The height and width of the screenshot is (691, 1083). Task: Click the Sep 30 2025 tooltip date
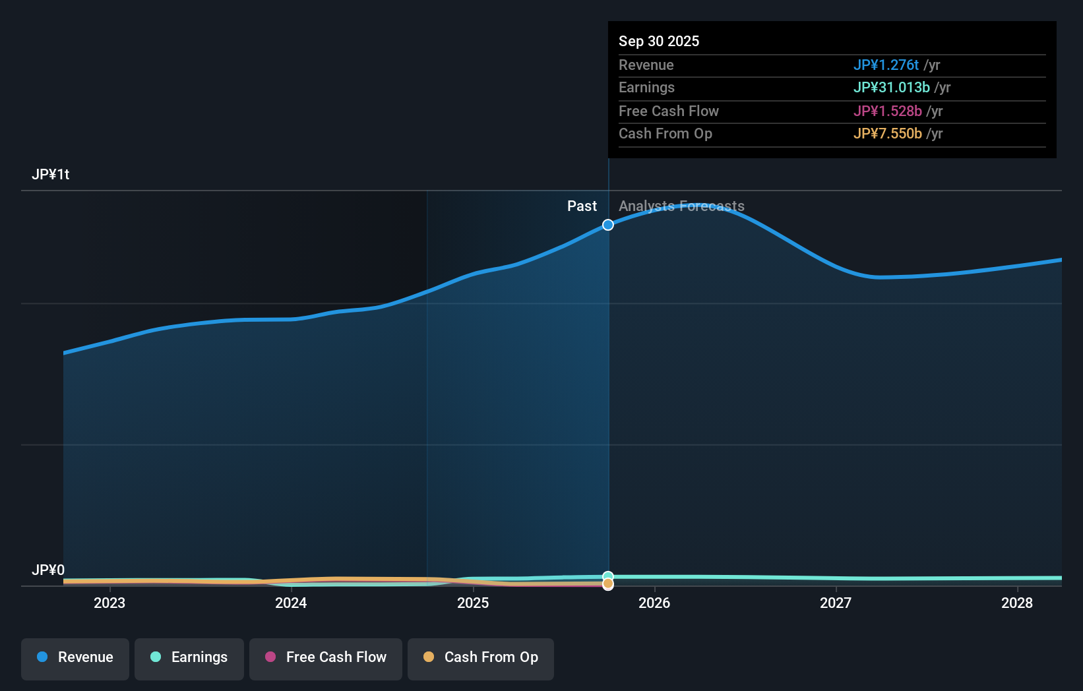[x=658, y=41]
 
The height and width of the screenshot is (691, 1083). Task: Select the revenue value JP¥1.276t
[x=885, y=65]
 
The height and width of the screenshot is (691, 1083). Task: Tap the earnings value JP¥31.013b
[x=891, y=87]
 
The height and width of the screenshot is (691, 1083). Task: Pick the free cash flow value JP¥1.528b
[x=887, y=111]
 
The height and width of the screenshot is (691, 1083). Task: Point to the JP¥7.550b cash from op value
[x=887, y=133]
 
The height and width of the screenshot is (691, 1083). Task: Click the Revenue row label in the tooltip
[x=646, y=65]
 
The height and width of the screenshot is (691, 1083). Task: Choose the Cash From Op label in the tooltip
[x=665, y=133]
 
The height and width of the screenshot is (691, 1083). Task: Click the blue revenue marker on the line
[x=608, y=225]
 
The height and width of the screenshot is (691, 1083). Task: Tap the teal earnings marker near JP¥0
[x=608, y=576]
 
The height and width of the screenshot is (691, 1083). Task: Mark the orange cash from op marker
[x=608, y=584]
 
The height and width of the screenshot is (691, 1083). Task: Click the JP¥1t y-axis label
[x=50, y=174]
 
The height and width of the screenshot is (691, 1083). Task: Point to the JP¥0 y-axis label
[x=48, y=570]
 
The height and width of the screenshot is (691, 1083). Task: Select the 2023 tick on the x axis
[x=109, y=603]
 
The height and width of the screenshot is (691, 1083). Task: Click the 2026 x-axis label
[x=654, y=603]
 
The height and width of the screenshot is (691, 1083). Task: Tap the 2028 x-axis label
[x=1016, y=603]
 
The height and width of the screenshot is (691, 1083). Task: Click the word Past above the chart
[x=582, y=206]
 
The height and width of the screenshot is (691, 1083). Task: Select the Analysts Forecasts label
[x=681, y=206]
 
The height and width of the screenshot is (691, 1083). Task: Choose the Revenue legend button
[x=75, y=657]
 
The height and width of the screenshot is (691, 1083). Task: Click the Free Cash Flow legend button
[x=326, y=657]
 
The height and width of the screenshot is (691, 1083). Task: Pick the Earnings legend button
[x=189, y=657]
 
